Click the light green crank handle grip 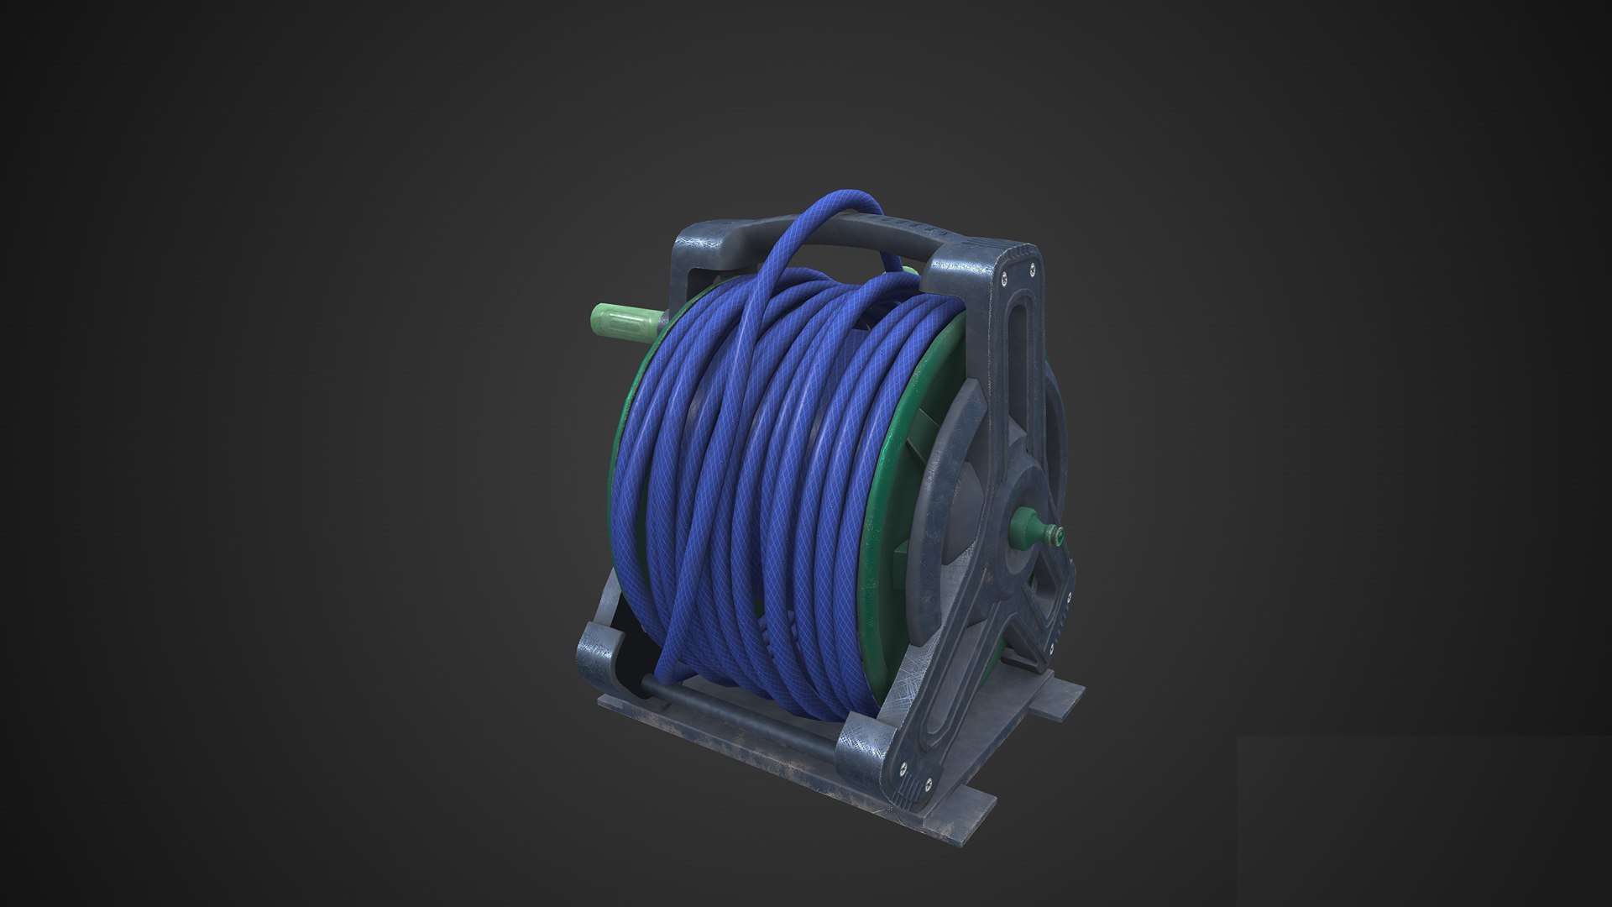[x=621, y=325]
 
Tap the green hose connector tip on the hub [x=1049, y=532]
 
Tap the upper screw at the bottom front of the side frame [x=903, y=763]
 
